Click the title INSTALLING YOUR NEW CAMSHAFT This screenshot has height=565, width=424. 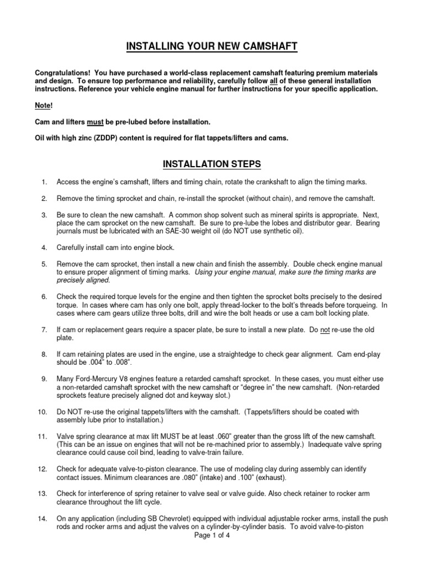212,46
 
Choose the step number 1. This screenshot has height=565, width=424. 44,182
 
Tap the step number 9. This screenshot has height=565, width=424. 44,380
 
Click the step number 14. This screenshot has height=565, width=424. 43,519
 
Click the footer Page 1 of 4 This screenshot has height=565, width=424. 212,536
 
